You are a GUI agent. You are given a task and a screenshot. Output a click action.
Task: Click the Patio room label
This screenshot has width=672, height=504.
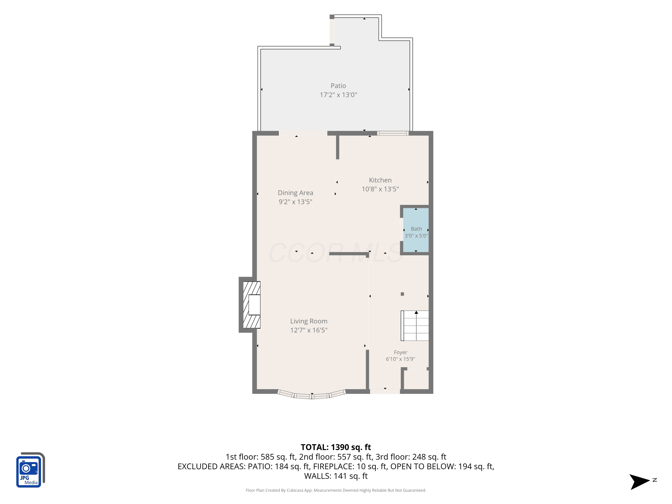click(338, 86)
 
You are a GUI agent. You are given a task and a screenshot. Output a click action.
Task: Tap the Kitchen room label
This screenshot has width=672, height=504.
click(380, 180)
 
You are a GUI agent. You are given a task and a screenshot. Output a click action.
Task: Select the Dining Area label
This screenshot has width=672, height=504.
click(295, 193)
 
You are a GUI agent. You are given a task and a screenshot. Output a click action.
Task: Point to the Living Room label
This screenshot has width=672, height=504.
click(309, 321)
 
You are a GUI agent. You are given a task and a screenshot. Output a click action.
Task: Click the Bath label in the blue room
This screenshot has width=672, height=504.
click(416, 229)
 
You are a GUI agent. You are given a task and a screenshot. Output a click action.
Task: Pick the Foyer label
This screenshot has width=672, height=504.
click(401, 352)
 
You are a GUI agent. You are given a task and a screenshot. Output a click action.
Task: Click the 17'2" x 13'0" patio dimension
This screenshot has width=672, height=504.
click(338, 95)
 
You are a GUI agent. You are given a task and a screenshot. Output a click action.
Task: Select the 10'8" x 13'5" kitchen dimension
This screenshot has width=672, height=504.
click(380, 189)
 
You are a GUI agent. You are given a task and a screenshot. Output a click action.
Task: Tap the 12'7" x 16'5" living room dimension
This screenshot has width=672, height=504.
click(309, 330)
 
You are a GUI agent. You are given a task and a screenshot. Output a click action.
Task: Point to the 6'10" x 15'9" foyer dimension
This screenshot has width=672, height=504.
click(401, 359)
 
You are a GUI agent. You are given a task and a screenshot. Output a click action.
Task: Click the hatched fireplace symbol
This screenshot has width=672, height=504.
click(252, 305)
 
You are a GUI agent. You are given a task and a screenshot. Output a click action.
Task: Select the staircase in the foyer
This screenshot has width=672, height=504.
click(415, 326)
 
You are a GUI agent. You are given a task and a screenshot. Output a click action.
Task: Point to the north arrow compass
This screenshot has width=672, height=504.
click(640, 482)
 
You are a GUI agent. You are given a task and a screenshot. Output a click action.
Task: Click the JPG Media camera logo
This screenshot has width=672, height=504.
click(30, 470)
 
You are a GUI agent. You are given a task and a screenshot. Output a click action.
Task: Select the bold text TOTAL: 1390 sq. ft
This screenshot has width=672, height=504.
click(336, 447)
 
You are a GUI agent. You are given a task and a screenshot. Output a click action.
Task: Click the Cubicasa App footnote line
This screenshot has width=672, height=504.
click(336, 490)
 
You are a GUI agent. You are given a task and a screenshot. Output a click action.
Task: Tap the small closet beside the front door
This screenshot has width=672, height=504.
click(416, 379)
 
